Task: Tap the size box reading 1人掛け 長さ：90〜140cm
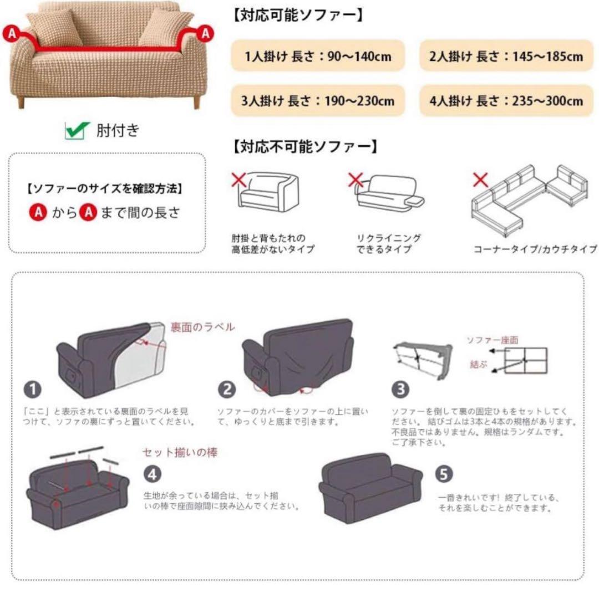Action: point(318,56)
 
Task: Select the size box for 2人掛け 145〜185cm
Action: point(506,56)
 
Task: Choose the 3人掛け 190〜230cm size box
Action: point(318,101)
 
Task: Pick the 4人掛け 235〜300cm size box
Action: point(506,101)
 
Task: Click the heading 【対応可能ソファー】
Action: point(298,16)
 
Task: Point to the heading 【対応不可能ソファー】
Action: point(305,146)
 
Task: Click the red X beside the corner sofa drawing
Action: point(480,180)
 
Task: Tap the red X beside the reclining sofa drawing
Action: point(356,180)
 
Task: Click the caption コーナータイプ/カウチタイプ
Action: point(535,249)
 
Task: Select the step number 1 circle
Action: point(33,390)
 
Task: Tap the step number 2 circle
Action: point(227,390)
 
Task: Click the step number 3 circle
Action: point(400,390)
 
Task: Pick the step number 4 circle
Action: point(153,474)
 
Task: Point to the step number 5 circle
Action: point(444,474)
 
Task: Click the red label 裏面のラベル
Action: point(202,327)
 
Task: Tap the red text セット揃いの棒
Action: point(180,452)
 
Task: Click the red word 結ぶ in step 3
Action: point(479,364)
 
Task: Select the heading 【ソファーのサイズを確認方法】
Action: point(105,188)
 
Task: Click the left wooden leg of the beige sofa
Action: point(21,102)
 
